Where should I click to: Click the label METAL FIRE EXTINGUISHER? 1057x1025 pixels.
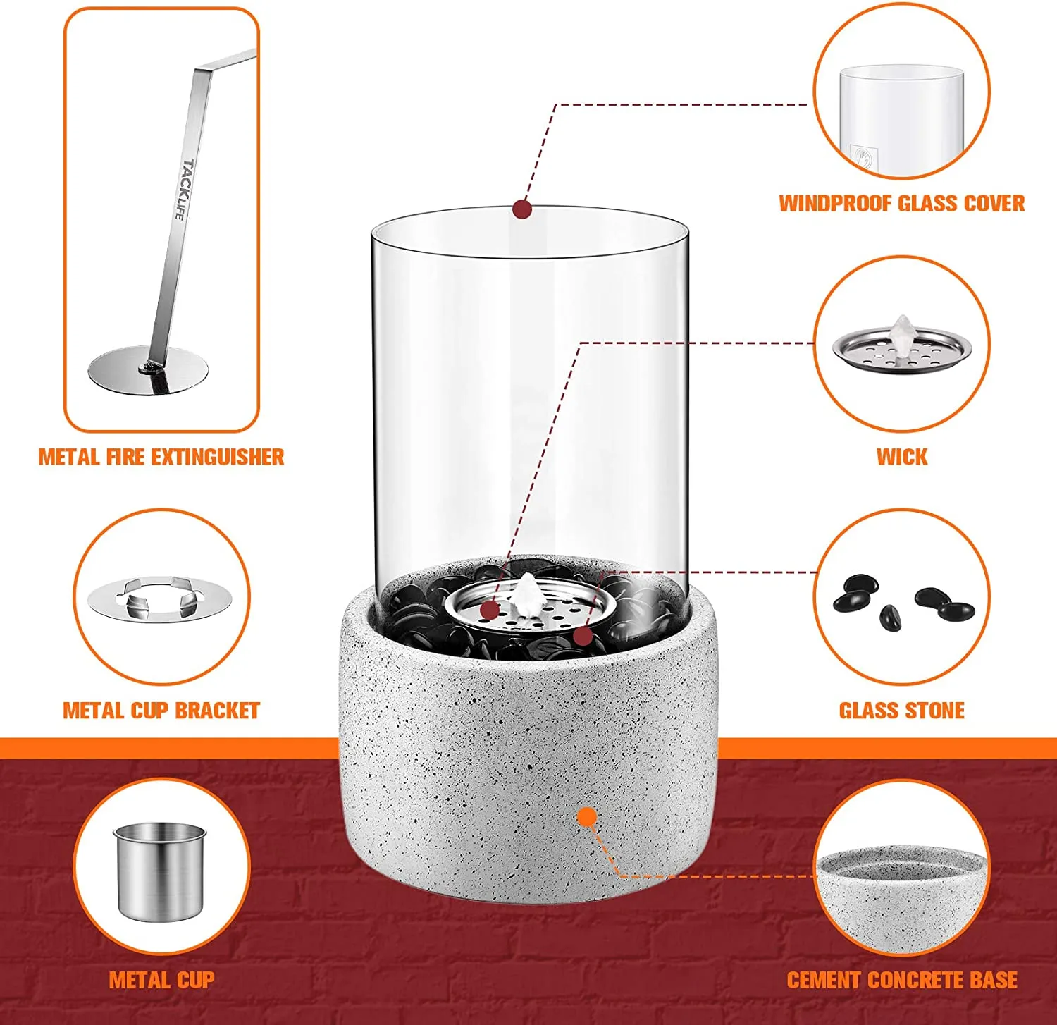point(161,457)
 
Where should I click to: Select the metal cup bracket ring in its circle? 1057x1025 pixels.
point(161,600)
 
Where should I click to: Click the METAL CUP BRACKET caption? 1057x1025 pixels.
point(161,711)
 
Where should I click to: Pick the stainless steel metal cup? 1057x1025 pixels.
point(160,871)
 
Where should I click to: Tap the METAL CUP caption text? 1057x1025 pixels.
point(161,980)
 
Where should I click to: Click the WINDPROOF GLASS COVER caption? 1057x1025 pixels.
point(901,204)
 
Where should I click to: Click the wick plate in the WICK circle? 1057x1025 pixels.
point(902,347)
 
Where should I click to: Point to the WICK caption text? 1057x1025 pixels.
point(902,457)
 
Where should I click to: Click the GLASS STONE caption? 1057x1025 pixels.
point(902,711)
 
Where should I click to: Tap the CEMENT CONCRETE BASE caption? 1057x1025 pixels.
point(902,980)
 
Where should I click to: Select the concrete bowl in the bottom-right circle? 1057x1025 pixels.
point(902,896)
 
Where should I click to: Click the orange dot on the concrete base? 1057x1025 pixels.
point(586,817)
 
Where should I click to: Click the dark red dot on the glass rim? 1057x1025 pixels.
point(522,209)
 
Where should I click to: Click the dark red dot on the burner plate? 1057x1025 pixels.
point(490,610)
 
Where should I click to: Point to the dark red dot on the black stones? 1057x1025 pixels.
point(583,636)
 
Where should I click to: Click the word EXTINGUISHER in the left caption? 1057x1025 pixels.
point(218,457)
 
